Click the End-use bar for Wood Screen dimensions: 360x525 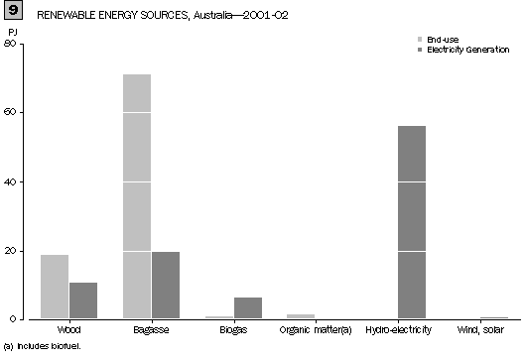pyautogui.click(x=55, y=287)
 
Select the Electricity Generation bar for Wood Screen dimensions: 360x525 pyautogui.click(x=83, y=300)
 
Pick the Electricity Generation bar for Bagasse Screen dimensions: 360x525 pyautogui.click(x=165, y=285)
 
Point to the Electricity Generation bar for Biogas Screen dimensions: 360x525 pyautogui.click(x=248, y=307)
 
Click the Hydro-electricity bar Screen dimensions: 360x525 pyautogui.click(x=411, y=222)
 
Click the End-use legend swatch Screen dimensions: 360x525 pyautogui.click(x=420, y=38)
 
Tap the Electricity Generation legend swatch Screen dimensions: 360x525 pyautogui.click(x=420, y=48)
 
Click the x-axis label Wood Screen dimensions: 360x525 pyautogui.click(x=69, y=328)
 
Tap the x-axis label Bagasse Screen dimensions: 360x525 pyautogui.click(x=151, y=328)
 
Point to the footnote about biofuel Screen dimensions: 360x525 pyautogui.click(x=42, y=346)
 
